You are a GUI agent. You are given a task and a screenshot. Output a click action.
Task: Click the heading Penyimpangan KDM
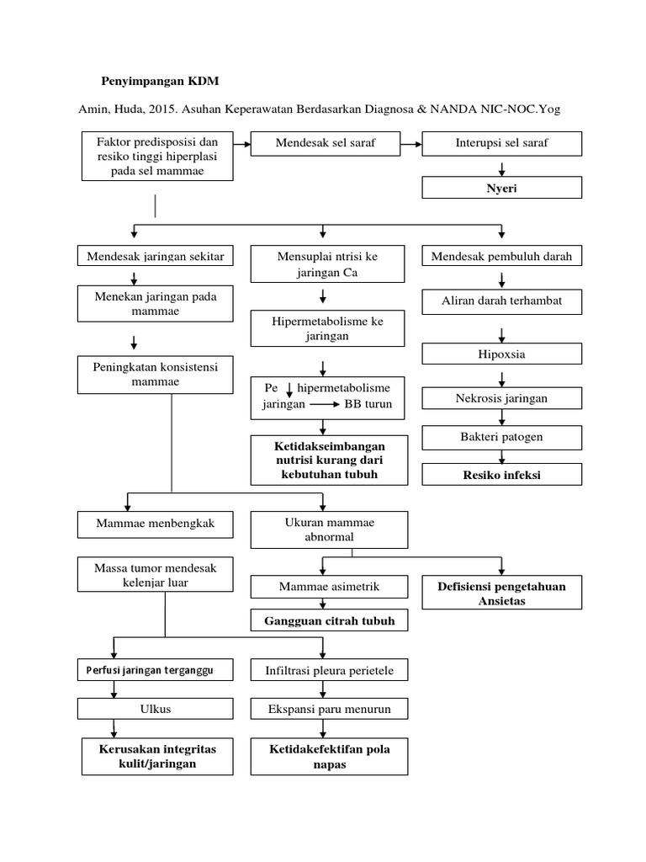click(x=159, y=81)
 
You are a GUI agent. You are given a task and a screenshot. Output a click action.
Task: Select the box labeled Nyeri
click(x=501, y=188)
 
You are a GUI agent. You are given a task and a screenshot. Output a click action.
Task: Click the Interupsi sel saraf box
click(x=501, y=143)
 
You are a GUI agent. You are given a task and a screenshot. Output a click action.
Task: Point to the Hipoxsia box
click(x=501, y=354)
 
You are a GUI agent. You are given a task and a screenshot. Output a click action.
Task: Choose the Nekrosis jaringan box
click(x=501, y=396)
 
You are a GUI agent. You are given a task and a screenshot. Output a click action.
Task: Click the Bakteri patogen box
click(x=501, y=437)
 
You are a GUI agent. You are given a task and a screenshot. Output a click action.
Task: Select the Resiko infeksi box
click(x=501, y=476)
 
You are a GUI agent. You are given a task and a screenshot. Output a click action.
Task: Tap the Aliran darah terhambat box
click(x=501, y=301)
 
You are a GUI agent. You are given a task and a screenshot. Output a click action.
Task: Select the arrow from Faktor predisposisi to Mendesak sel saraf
click(x=241, y=144)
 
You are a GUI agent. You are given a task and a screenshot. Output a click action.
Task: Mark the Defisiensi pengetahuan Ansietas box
click(x=501, y=593)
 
